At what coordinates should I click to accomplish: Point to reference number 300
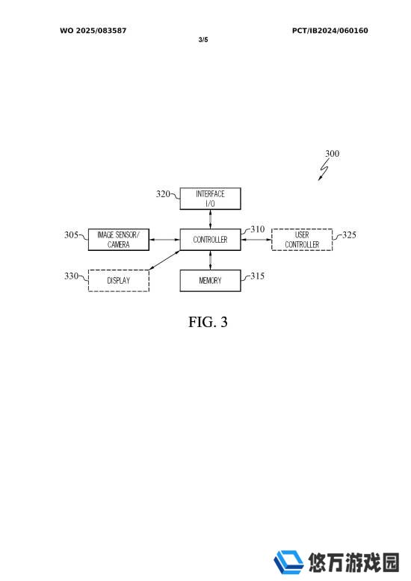coord(332,153)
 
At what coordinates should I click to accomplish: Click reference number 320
coord(163,193)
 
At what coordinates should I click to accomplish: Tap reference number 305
coord(71,234)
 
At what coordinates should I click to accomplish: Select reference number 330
coord(71,276)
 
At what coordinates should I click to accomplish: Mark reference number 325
coord(349,234)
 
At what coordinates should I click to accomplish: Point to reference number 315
coord(257,276)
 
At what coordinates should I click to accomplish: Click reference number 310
coord(257,229)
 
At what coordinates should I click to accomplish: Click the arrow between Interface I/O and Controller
coord(210,220)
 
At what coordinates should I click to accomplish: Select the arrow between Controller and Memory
coord(210,260)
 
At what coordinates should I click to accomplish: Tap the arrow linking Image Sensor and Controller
coord(164,240)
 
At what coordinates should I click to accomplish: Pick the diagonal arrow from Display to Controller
coord(164,260)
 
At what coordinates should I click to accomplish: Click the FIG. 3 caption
coord(208,322)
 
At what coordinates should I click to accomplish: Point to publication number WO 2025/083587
coord(93,31)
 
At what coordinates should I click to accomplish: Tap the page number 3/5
coord(203,40)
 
